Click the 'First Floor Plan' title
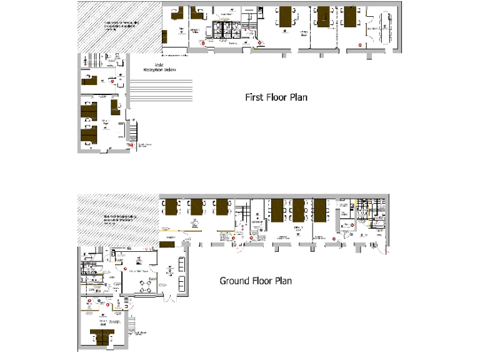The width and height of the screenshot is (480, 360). [x=276, y=97]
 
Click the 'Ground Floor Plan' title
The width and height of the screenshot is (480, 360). [x=255, y=281]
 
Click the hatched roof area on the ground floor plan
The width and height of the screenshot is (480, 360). [x=116, y=218]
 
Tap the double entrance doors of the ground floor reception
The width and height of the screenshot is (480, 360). [x=168, y=298]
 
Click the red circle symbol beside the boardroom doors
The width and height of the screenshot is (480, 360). [x=359, y=44]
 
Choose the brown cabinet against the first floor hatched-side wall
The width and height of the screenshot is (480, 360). [x=164, y=37]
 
